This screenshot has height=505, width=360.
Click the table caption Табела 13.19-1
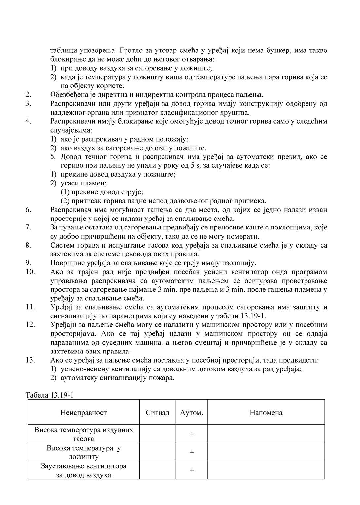pyautogui.click(x=49, y=395)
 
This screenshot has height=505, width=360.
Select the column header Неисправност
pyautogui.click(x=84, y=412)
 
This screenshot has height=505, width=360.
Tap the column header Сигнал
pyautogui.click(x=158, y=412)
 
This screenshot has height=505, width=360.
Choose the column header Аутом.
pyautogui.click(x=192, y=412)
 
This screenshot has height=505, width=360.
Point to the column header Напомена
pyautogui.click(x=266, y=412)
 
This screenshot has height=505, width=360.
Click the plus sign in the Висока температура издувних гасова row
pyautogui.click(x=192, y=434)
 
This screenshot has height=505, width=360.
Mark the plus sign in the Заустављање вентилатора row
pyautogui.click(x=192, y=470)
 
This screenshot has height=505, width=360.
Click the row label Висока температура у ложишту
pyautogui.click(x=84, y=452)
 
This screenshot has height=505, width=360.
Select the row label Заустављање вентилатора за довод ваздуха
pyautogui.click(x=84, y=470)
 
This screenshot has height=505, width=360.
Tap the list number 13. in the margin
pyautogui.click(x=30, y=360)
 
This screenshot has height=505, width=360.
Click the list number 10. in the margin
pyautogui.click(x=30, y=272)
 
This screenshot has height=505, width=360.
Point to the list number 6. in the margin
pyautogui.click(x=28, y=210)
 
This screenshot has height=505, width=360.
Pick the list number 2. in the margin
pyautogui.click(x=28, y=95)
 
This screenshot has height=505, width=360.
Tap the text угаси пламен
pyautogui.click(x=84, y=183)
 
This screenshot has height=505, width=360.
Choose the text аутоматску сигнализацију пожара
pyautogui.click(x=118, y=378)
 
